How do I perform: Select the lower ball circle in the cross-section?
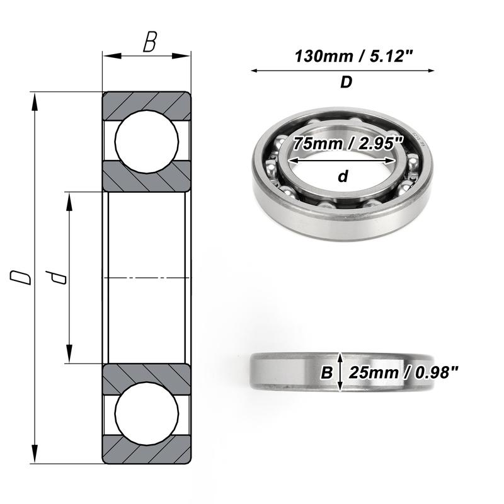click(x=147, y=413)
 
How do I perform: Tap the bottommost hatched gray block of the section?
click(x=147, y=449)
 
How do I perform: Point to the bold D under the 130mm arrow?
click(x=346, y=83)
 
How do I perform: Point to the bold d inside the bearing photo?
click(x=343, y=177)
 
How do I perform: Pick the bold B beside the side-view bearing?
click(x=326, y=373)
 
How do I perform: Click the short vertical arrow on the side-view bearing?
click(x=340, y=372)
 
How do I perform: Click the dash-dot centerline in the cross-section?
click(x=147, y=277)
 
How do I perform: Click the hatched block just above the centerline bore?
click(x=147, y=176)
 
